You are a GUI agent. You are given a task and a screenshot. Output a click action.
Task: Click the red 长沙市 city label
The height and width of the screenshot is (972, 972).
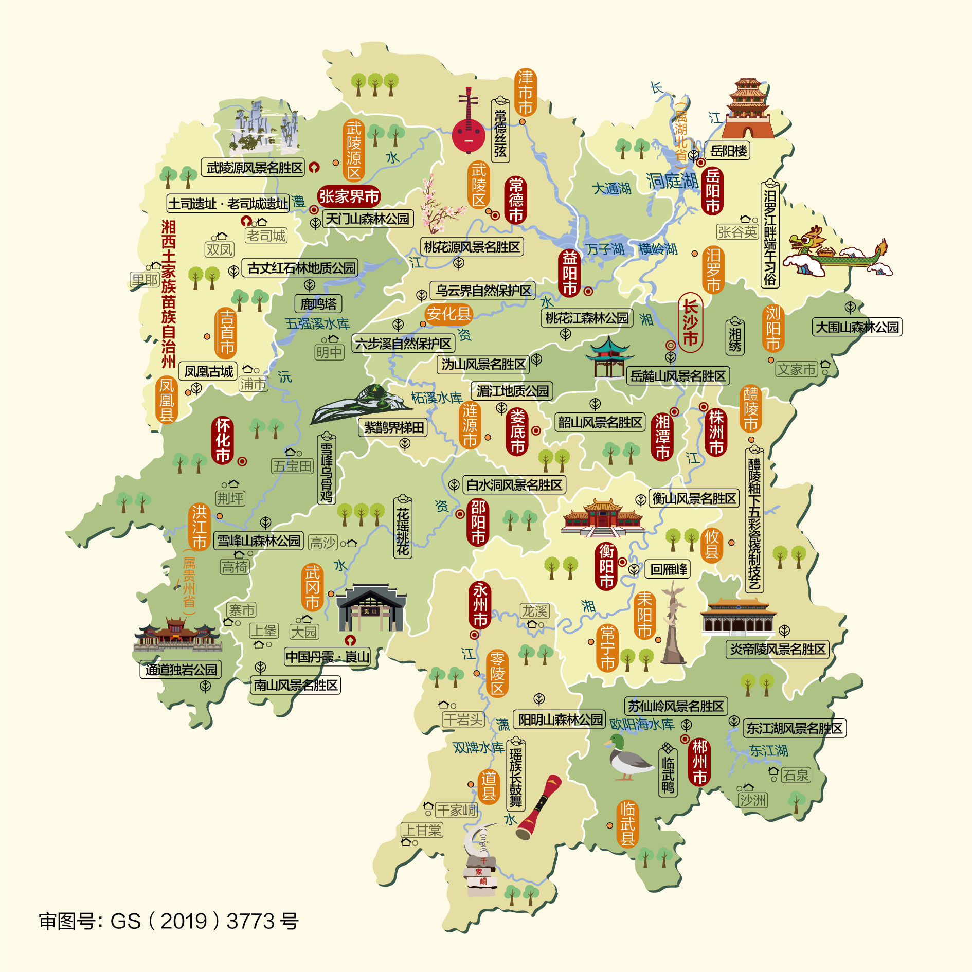690,322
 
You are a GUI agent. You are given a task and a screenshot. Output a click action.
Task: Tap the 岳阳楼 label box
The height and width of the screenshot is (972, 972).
728,151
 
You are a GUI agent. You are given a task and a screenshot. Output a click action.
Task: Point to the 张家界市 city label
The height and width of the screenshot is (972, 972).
349,196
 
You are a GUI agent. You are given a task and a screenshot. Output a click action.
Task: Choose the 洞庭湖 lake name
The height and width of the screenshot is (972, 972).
672,181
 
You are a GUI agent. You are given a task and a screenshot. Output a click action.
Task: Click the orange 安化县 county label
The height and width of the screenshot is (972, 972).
448,314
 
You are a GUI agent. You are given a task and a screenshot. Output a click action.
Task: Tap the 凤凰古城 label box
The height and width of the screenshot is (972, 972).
208,371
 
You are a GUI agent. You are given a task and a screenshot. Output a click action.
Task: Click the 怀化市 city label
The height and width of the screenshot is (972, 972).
223,440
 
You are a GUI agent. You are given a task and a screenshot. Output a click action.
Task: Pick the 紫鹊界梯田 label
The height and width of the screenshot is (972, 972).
393,427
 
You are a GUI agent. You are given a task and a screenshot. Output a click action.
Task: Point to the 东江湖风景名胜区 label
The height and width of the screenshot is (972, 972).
794,728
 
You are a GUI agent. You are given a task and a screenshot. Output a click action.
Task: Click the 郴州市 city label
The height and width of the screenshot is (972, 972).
699,762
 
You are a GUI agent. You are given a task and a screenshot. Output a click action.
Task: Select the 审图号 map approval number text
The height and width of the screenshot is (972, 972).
169,921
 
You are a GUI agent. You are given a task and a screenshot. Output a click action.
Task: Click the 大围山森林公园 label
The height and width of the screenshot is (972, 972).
857,327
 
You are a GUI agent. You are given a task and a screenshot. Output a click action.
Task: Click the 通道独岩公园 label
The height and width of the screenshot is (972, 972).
181,670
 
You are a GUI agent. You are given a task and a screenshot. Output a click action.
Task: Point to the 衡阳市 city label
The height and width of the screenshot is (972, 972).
607,566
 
